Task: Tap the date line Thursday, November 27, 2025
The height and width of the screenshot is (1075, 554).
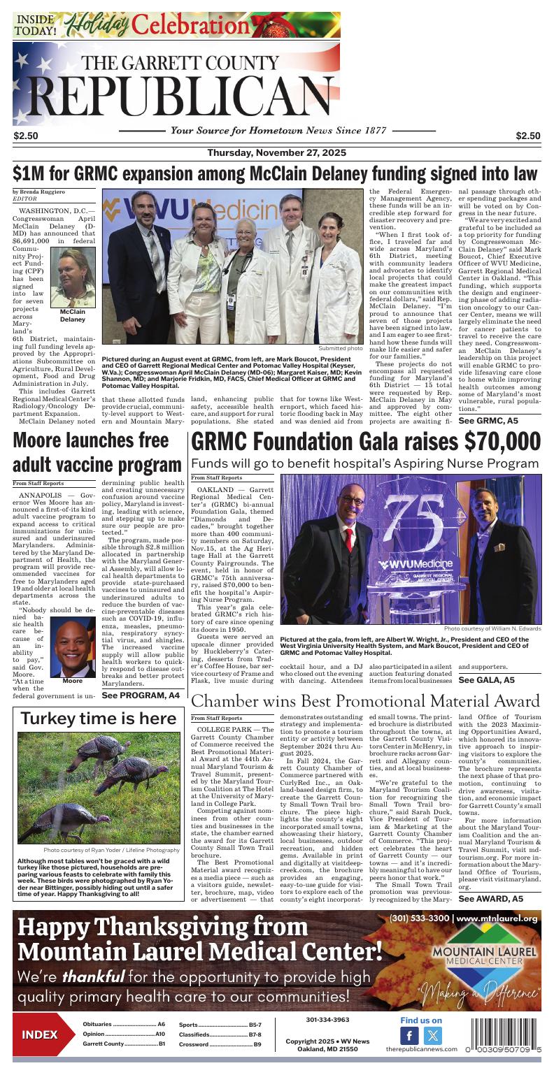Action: pyautogui.click(x=276, y=153)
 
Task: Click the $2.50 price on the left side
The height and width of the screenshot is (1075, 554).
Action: pyautogui.click(x=25, y=136)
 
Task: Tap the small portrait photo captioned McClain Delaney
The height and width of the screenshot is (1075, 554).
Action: pyautogui.click(x=73, y=278)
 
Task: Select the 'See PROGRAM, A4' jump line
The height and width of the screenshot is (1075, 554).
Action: pyautogui.click(x=140, y=695)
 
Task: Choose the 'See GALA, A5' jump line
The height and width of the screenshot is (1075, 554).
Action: pyautogui.click(x=486, y=679)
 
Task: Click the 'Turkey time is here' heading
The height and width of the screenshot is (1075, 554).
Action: pyautogui.click(x=98, y=719)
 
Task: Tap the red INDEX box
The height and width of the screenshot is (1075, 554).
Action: pyautogui.click(x=39, y=1034)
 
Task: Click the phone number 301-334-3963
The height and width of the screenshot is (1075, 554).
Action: pyautogui.click(x=327, y=1020)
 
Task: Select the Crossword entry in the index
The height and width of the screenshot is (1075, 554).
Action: pyautogui.click(x=220, y=1044)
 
